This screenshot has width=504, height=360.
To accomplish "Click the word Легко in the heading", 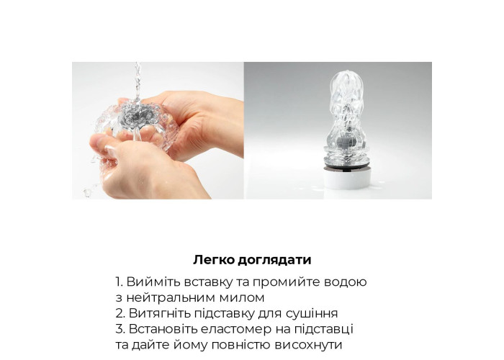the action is click(214, 260).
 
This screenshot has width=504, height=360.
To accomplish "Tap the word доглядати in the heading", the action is click(275, 261).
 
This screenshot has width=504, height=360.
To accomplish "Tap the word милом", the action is click(242, 298).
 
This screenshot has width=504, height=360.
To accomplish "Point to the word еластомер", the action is click(236, 330).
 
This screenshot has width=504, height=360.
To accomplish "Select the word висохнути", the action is click(308, 345).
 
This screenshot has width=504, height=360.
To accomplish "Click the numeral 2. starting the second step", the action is click(120, 313).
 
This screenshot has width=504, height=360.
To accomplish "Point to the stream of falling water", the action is click(138, 81).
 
